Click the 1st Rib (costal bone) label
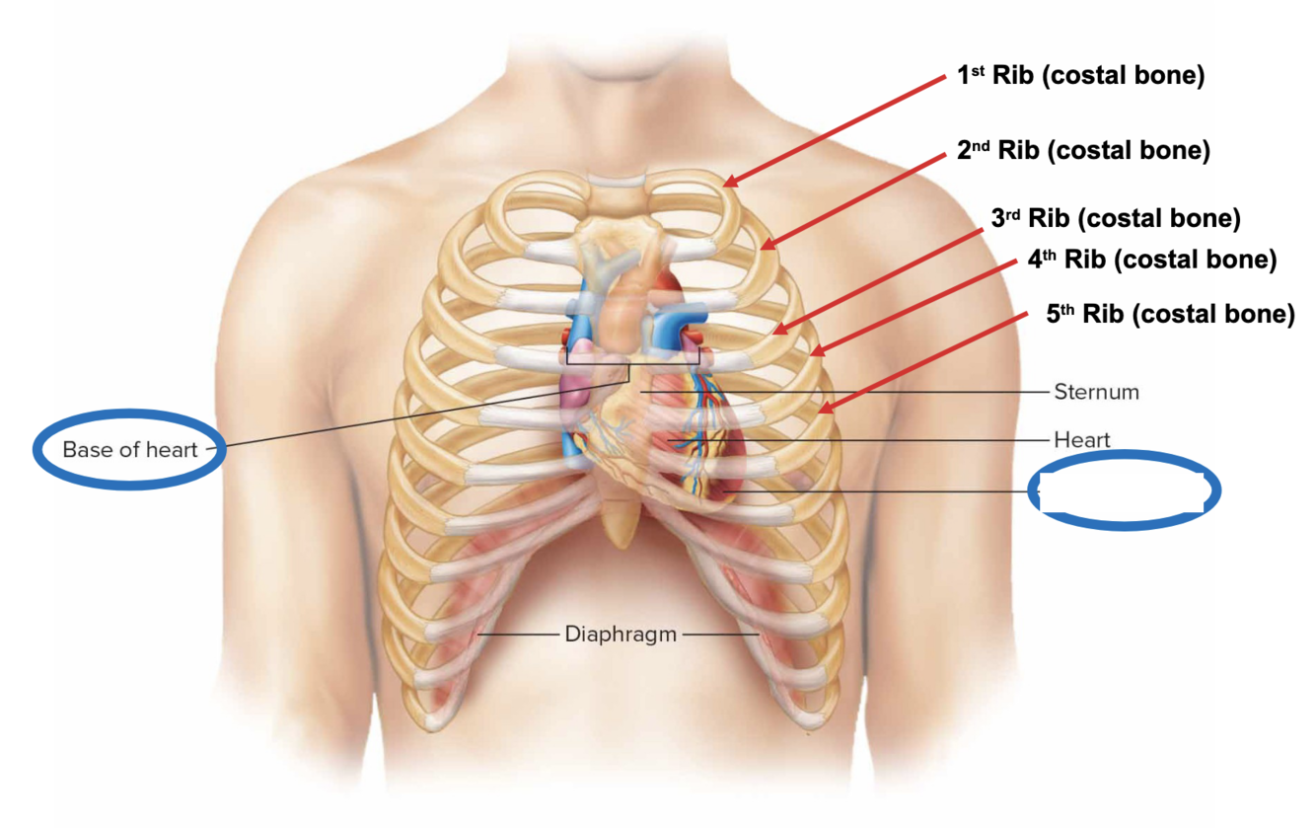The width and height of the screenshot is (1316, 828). (x=1080, y=76)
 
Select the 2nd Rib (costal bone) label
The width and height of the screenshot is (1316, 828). (x=1083, y=150)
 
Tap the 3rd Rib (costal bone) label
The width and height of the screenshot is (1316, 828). (x=1116, y=218)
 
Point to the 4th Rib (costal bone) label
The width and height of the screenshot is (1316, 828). (x=1152, y=260)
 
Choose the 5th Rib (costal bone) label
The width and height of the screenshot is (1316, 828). (x=1170, y=314)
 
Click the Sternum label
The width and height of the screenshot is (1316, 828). (x=1096, y=392)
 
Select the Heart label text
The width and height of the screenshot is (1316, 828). (x=1082, y=440)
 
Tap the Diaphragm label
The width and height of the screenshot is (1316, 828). (x=621, y=634)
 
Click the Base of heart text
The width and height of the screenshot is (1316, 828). (x=130, y=450)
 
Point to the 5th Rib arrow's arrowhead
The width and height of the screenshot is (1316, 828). (x=821, y=410)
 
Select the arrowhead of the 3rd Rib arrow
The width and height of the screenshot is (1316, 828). (x=774, y=331)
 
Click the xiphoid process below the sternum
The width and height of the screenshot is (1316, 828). (x=620, y=523)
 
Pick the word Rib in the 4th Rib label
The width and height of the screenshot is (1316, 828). (x=1083, y=260)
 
